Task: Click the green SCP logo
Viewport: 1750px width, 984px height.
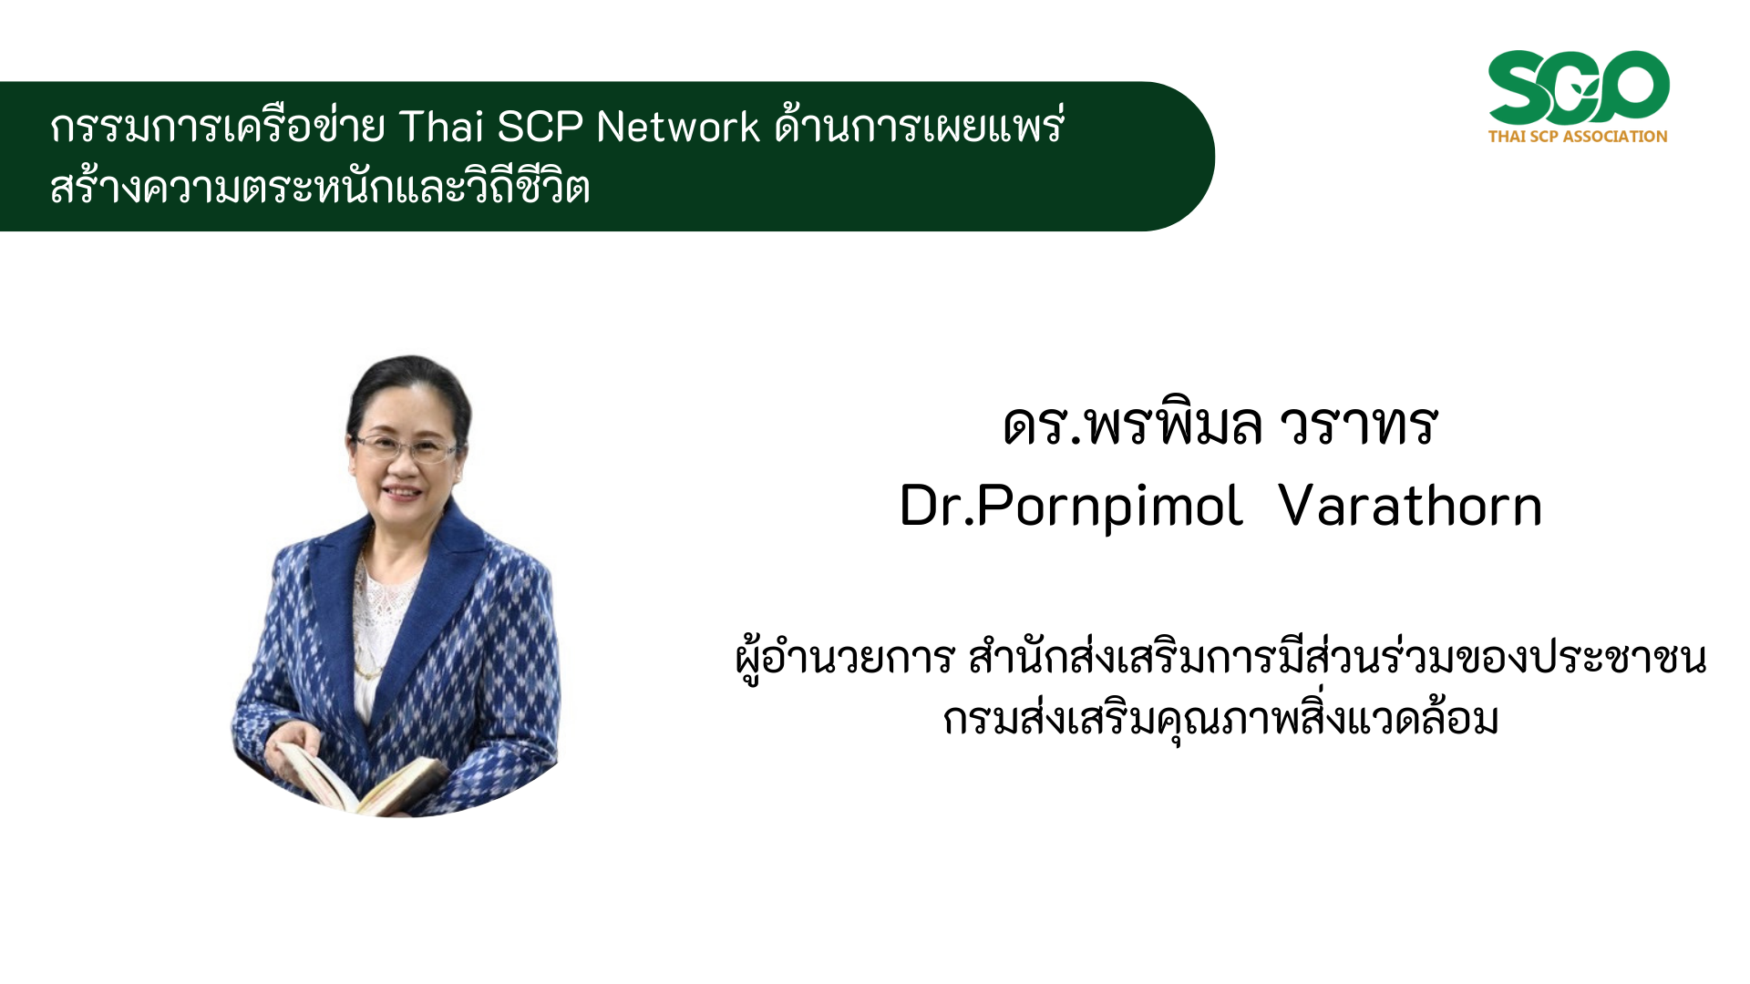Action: (1579, 87)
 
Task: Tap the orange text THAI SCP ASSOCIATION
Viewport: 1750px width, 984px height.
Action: (1578, 137)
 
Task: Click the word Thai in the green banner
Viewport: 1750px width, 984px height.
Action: (442, 127)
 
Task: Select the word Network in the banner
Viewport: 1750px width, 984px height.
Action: (678, 127)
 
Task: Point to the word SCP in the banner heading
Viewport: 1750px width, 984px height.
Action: (540, 127)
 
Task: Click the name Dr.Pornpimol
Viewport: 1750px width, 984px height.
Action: (1071, 506)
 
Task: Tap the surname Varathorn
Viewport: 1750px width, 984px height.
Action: (1410, 506)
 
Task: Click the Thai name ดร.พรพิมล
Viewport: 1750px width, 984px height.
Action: (1133, 425)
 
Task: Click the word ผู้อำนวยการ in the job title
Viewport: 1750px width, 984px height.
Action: (845, 658)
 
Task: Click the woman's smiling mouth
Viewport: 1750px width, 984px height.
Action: (401, 493)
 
